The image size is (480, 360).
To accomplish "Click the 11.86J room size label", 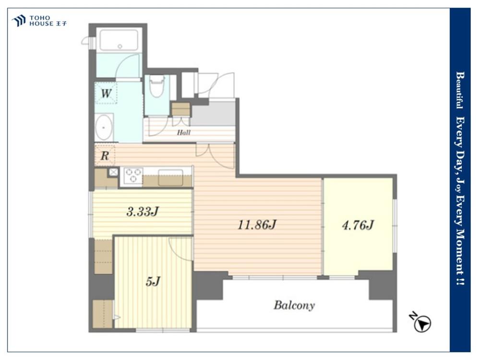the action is tap(257, 225).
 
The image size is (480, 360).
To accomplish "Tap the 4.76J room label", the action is tap(358, 225).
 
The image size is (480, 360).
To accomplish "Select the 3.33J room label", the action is tap(143, 211).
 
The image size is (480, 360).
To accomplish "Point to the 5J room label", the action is tap(153, 281).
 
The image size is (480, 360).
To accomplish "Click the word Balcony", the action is tap(294, 305).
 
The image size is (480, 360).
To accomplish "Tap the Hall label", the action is tap(184, 132).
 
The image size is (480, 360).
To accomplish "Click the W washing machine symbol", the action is tap(106, 93).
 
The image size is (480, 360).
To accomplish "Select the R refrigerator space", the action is tap(105, 156).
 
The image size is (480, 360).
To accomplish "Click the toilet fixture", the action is tap(157, 86).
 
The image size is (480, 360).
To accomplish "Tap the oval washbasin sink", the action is tap(104, 127).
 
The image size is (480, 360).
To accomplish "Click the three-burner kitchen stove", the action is tap(133, 175).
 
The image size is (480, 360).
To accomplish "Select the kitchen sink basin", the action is tap(170, 178).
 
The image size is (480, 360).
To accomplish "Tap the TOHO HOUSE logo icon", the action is tap(19, 21).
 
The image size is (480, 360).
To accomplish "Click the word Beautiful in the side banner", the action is tap(459, 90).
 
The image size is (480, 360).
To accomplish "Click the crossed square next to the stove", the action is tap(114, 172).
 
